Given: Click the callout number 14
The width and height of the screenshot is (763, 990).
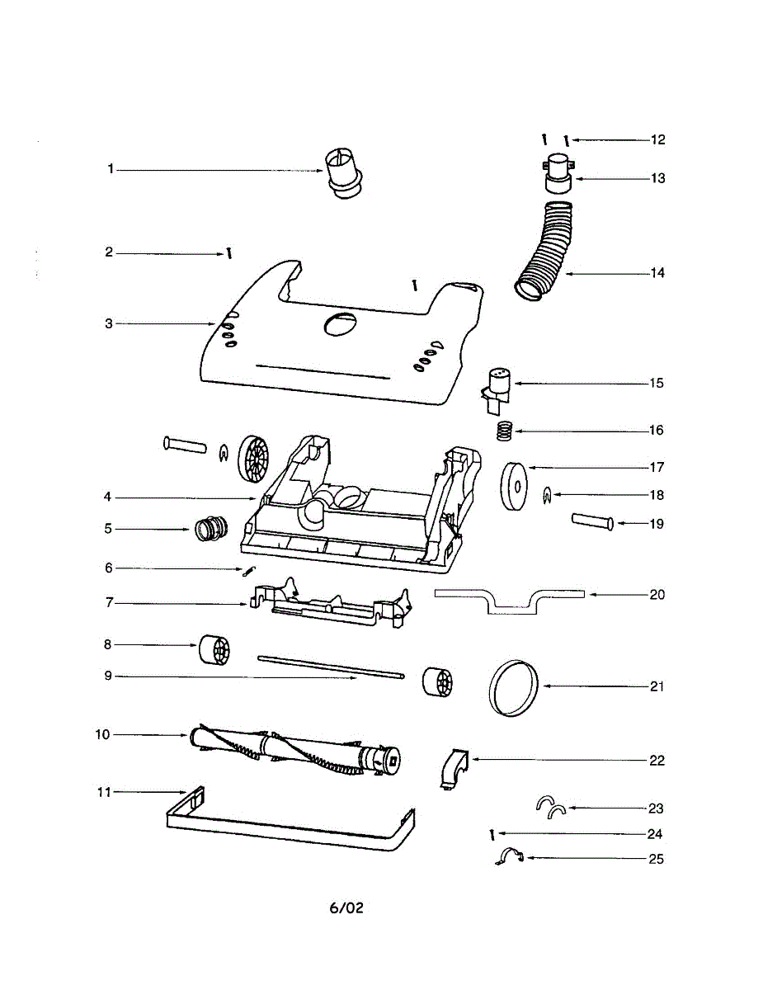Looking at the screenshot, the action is [657, 273].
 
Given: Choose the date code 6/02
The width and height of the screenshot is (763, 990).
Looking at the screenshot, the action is [346, 907].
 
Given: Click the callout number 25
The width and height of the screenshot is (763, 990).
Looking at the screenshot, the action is [657, 859].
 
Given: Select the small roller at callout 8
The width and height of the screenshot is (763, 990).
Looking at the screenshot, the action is [213, 649].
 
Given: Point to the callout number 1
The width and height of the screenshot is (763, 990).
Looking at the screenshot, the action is [110, 169].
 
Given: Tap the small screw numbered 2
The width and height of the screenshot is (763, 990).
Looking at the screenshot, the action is [228, 253].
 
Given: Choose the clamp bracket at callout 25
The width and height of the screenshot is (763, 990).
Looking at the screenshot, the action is [508, 858].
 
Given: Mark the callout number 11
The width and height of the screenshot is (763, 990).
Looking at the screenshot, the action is [103, 792].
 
